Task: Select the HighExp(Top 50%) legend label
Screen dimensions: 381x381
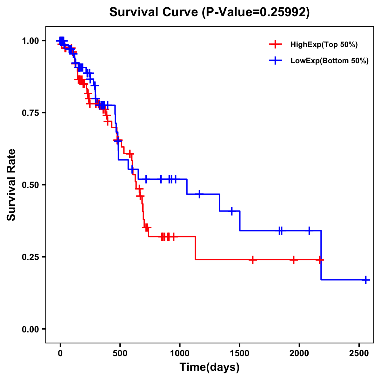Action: tap(324, 45)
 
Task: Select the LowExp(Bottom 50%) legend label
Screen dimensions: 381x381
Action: tap(330, 61)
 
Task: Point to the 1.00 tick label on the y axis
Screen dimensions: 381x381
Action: tap(30, 41)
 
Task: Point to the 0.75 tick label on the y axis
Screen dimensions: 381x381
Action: tap(30, 113)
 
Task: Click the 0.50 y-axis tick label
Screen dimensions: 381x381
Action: tap(30, 185)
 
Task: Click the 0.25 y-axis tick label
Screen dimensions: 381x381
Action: tap(30, 257)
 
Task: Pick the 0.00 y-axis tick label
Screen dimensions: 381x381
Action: tap(30, 329)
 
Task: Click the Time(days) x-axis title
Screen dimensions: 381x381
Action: tap(210, 367)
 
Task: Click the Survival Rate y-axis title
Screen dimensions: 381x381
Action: tap(11, 185)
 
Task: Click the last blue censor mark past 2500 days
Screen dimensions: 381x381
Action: tap(366, 280)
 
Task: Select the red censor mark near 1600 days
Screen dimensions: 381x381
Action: tap(252, 260)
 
